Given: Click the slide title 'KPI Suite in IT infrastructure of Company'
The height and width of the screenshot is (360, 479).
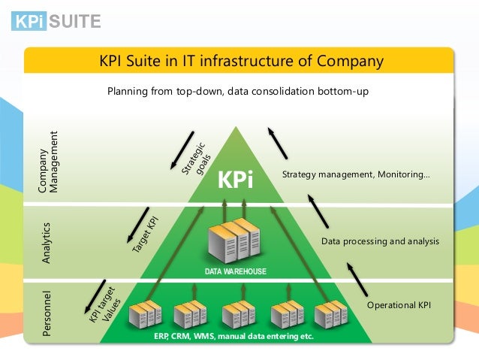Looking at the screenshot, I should [x=242, y=61].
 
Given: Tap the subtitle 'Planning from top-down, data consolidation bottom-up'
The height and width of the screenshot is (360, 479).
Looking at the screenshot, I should [x=239, y=92].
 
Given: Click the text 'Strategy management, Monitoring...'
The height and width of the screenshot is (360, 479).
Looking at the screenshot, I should [x=356, y=175].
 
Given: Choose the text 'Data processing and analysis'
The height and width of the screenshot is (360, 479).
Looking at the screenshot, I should [x=380, y=241].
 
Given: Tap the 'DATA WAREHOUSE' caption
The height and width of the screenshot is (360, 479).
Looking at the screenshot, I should [x=236, y=271].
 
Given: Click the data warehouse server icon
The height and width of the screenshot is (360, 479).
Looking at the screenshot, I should [x=237, y=241].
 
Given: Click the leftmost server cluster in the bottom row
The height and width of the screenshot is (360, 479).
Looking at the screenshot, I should [x=145, y=314].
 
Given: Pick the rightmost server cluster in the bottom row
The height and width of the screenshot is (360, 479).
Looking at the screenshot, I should [x=333, y=314].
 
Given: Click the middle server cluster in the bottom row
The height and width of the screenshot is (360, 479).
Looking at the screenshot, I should [x=239, y=314].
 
